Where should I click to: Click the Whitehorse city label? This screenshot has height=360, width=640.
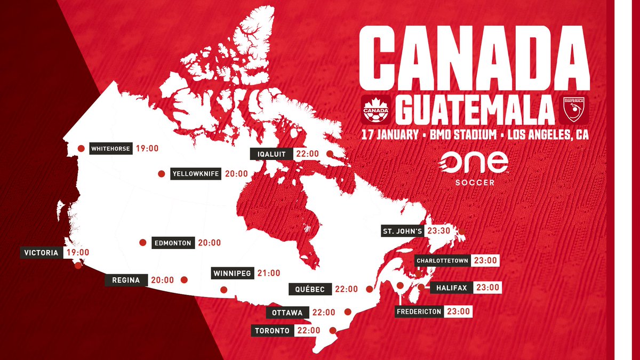110,149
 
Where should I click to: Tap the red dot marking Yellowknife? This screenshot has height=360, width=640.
161,174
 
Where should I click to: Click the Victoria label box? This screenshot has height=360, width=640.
41,253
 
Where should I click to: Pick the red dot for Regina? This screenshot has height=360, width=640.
185,279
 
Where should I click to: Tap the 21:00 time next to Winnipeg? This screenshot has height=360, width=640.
269,273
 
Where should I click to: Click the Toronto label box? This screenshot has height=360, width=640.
272,331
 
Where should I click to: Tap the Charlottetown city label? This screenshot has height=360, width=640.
443,261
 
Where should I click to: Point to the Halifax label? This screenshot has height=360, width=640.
451,288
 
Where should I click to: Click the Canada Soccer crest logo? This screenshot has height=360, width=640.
375,108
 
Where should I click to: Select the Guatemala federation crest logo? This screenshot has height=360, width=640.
575,108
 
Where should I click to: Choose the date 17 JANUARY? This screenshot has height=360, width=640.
388,135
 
